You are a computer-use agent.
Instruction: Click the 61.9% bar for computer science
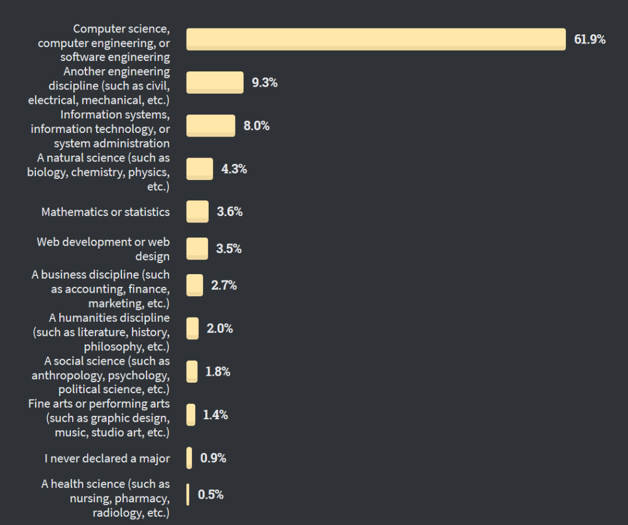click(x=376, y=39)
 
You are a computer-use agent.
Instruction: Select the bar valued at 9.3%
click(x=215, y=82)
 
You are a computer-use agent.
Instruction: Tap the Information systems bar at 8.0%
click(x=210, y=126)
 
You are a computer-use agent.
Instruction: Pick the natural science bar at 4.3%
click(x=199, y=169)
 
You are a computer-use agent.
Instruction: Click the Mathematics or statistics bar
click(x=197, y=212)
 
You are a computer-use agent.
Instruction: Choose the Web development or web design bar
click(x=197, y=249)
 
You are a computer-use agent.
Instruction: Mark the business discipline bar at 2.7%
click(x=195, y=285)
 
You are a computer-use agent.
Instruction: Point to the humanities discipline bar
click(x=192, y=328)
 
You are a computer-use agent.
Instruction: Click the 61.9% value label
click(x=590, y=39)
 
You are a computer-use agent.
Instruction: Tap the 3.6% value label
click(x=230, y=212)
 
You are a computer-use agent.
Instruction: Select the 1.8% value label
click(x=218, y=372)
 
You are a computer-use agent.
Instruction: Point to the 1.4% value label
click(x=215, y=415)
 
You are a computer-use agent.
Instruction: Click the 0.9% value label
click(x=213, y=458)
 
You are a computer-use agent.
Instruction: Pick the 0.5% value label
click(x=210, y=495)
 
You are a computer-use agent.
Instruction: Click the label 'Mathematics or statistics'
click(x=105, y=212)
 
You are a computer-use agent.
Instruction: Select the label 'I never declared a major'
click(x=107, y=458)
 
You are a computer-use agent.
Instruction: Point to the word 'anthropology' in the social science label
click(x=69, y=375)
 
